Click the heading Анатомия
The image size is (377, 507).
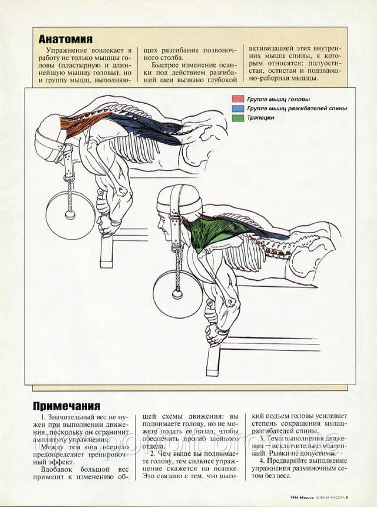[x=65, y=39]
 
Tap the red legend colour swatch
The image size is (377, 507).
[x=237, y=99]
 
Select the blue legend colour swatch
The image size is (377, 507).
[x=237, y=108]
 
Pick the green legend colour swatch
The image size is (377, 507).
[x=237, y=118]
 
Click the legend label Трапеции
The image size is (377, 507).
[x=262, y=118]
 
